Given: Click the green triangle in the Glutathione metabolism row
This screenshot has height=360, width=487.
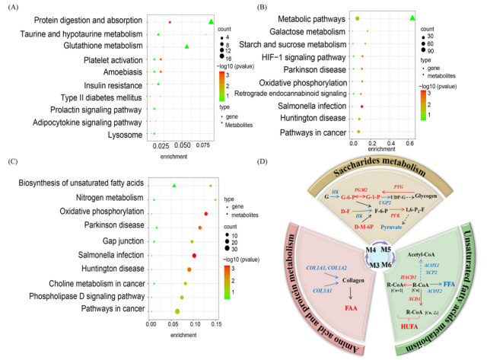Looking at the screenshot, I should pos(186,46).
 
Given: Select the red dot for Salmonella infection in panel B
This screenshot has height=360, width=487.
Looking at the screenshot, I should pos(361,106).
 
